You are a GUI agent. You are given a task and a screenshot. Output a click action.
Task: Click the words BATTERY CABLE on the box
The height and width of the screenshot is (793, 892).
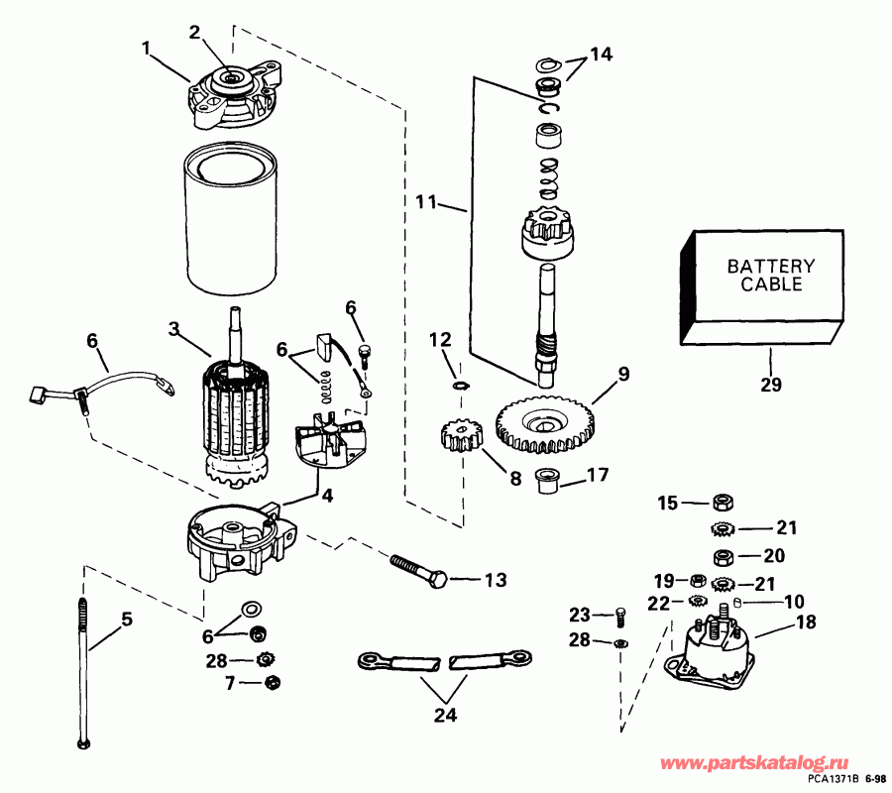click(771, 275)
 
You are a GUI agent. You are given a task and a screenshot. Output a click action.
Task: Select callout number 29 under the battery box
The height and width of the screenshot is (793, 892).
click(771, 385)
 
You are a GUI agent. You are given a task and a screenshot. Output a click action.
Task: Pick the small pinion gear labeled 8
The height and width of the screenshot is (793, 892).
click(459, 436)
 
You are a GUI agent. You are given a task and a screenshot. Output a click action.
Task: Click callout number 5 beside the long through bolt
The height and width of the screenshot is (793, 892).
click(126, 621)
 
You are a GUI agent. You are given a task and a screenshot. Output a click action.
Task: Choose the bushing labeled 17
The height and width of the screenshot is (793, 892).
click(545, 479)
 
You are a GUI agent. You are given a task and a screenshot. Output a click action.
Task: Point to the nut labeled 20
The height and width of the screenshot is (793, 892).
click(724, 555)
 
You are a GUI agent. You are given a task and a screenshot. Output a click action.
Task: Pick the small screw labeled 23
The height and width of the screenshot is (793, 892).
click(620, 617)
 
